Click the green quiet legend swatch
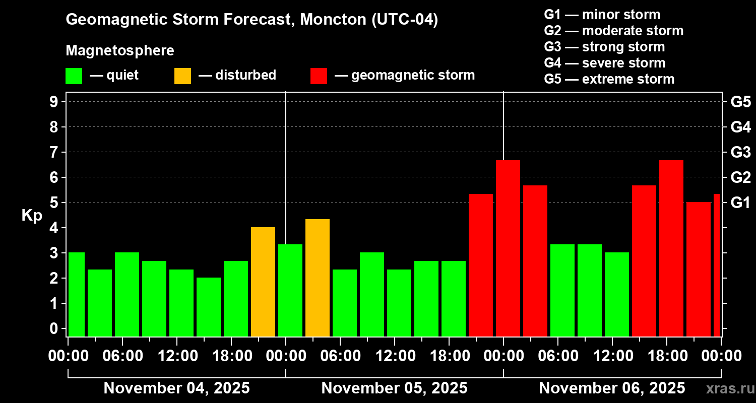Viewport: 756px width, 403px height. (74, 76)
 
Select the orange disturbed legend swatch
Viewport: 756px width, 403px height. (182, 76)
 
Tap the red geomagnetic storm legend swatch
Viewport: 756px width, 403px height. (319, 76)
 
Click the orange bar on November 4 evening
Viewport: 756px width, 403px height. (263, 282)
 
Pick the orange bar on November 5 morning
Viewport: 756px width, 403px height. (318, 278)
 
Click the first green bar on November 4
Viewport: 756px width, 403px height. (77, 294)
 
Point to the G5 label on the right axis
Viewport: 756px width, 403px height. (740, 102)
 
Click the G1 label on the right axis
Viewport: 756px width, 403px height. (740, 203)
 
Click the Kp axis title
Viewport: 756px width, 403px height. (32, 216)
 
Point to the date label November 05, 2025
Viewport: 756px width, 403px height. (394, 388)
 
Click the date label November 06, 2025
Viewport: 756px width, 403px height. (612, 388)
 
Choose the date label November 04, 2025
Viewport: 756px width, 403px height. (176, 388)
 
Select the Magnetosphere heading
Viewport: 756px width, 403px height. (120, 51)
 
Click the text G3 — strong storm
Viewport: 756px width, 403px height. (604, 47)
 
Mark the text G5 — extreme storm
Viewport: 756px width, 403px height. (609, 79)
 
